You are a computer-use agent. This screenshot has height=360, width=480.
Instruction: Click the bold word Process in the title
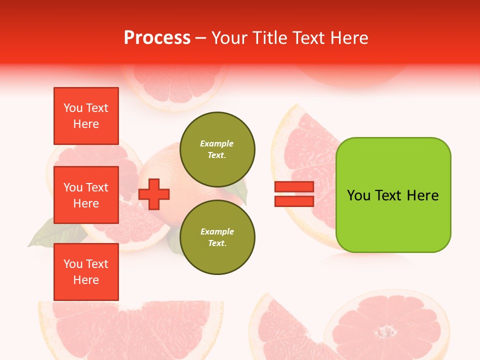point(157,38)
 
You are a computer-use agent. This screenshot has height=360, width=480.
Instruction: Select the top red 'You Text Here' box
point(86,116)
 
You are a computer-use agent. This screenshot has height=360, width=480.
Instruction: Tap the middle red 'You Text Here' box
point(86,195)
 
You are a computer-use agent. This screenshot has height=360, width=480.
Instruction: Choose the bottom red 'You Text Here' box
point(86,272)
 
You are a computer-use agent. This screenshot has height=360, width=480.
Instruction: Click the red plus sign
point(154,193)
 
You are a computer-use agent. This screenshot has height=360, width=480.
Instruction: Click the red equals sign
point(294,194)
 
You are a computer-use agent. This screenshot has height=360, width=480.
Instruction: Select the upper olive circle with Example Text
point(217,149)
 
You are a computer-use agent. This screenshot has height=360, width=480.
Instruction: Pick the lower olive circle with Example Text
point(217,237)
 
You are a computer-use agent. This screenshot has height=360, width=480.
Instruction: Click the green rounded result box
point(393,195)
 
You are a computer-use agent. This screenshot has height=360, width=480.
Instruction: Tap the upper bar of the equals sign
point(294,186)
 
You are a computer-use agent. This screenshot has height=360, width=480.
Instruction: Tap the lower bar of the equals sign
point(294,201)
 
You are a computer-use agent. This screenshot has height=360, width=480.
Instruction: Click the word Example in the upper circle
point(217,143)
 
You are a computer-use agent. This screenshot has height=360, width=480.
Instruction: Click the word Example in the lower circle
point(217,231)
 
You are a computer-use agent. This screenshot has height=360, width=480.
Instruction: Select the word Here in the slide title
point(350,38)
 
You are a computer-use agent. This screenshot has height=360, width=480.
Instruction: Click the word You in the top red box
point(73,108)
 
